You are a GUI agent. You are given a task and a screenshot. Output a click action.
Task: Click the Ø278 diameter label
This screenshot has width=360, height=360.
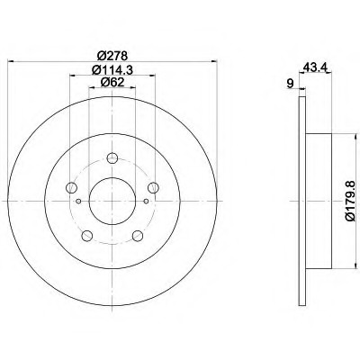point(112,56)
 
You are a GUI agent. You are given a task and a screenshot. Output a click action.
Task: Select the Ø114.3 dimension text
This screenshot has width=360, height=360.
point(112,70)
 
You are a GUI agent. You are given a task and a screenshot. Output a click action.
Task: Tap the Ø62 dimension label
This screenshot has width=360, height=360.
point(112,82)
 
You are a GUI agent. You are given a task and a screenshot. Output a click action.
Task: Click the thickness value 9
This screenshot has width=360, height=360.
point(290,84)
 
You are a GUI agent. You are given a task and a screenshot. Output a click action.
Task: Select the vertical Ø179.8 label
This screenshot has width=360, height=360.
point(350,201)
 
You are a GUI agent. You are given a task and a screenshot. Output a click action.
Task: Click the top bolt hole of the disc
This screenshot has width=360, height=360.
point(112,158)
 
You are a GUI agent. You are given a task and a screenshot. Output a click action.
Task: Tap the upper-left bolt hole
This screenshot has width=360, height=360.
point(71,187)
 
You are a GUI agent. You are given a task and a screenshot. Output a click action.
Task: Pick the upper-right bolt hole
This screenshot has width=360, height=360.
point(153,187)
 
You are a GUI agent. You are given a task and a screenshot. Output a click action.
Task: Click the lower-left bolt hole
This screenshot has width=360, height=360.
point(86,236)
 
